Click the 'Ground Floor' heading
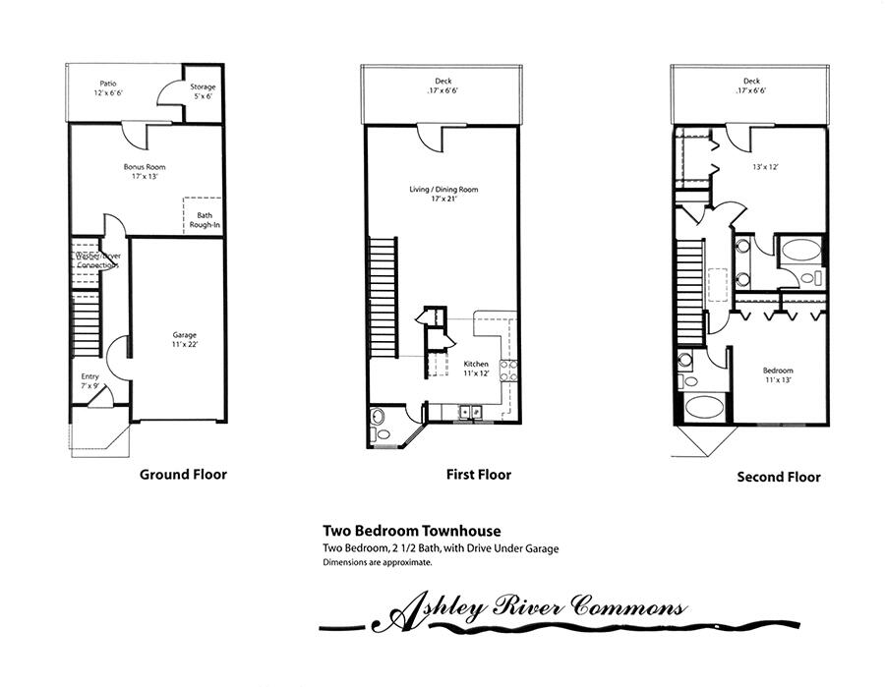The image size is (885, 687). (183, 475)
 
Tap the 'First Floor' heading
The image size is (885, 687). (479, 475)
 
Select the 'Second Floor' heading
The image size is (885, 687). (779, 478)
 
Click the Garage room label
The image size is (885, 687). (179, 341)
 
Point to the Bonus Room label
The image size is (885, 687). (143, 173)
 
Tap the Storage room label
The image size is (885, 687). (203, 92)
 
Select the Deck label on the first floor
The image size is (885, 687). (443, 86)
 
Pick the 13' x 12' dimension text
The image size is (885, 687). (764, 167)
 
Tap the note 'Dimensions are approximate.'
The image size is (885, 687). (377, 563)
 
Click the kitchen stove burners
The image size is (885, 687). (509, 372)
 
